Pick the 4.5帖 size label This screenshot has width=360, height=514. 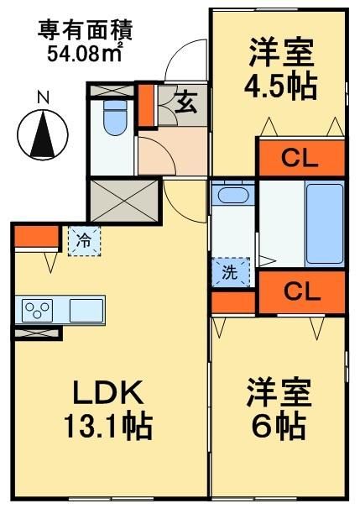click(279, 86)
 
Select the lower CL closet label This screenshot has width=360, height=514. click(300, 291)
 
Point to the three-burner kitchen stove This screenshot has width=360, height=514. click(39, 310)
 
